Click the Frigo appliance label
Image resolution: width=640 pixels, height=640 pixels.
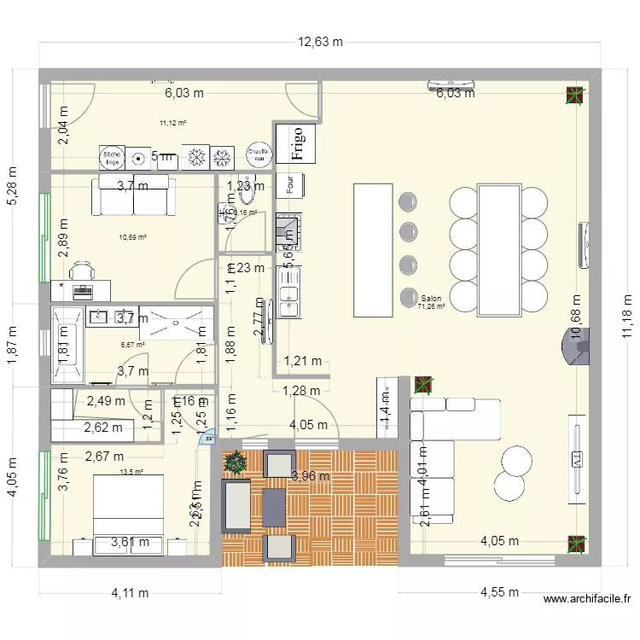click(296, 144)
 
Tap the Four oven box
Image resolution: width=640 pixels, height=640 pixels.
click(291, 185)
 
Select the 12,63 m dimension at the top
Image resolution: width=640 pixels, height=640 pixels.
click(320, 41)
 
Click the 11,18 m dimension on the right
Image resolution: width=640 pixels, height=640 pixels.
click(627, 317)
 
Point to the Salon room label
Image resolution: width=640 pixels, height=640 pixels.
click(431, 299)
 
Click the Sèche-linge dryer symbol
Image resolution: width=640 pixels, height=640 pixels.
click(112, 156)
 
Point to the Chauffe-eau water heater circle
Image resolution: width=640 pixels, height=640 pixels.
click(258, 154)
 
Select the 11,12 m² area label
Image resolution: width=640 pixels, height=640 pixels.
click(172, 123)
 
